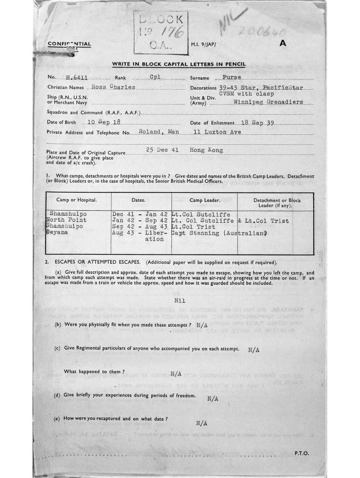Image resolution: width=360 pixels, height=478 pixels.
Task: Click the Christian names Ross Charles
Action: click(113, 87)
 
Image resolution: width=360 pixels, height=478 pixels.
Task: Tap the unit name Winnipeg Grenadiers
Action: click(268, 102)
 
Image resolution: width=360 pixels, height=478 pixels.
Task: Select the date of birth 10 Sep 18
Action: click(104, 122)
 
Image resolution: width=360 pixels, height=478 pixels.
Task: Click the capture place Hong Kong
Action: click(206, 150)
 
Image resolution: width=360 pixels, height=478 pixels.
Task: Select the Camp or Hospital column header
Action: click(76, 200)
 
